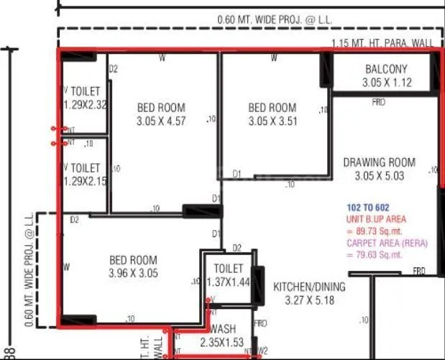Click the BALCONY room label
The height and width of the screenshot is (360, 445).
click(386, 70)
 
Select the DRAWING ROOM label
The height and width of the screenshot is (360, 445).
click(379, 162)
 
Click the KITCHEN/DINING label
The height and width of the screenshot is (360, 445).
click(309, 287)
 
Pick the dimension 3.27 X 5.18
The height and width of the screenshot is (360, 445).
click(309, 300)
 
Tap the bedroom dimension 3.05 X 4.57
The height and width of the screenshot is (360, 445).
click(161, 121)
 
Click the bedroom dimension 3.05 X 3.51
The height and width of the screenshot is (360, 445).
click(272, 121)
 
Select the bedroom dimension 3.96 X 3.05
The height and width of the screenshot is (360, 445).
click(133, 273)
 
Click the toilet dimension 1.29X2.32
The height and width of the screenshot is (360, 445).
click(86, 105)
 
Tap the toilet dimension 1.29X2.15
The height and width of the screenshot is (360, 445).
click(86, 181)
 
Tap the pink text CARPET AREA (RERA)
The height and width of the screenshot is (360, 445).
click(387, 243)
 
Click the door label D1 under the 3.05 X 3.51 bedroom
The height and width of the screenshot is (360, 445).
click(237, 174)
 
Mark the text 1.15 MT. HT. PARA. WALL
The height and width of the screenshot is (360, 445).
click(382, 43)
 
